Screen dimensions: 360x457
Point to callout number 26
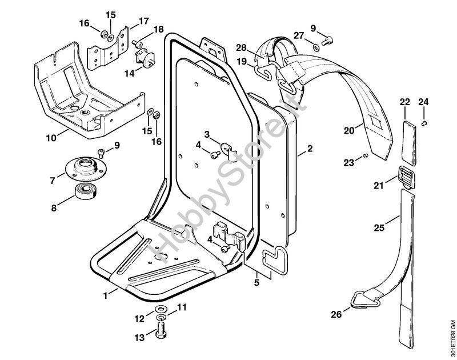(335, 313)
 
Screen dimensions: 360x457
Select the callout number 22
(404, 102)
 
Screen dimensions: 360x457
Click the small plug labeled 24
(424, 122)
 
